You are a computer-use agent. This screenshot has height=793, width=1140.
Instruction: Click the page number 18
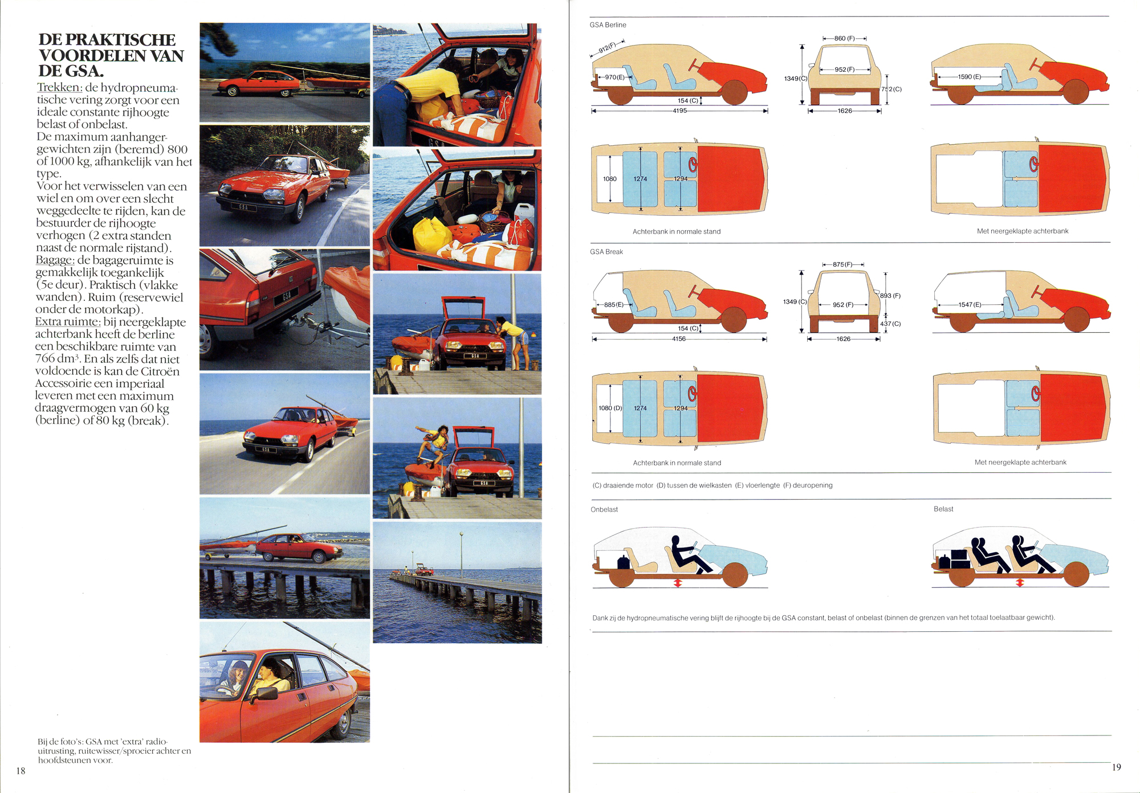pyautogui.click(x=21, y=771)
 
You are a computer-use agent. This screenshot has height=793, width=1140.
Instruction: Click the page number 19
pyautogui.click(x=1116, y=767)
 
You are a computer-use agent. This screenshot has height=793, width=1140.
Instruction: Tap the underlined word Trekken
pyautogui.click(x=60, y=88)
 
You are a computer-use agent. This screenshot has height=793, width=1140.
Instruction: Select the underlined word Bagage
pyautogui.click(x=55, y=260)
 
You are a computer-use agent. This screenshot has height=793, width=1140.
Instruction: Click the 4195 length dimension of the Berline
pyautogui.click(x=679, y=111)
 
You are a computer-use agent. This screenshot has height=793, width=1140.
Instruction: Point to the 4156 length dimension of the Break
pyautogui.click(x=678, y=339)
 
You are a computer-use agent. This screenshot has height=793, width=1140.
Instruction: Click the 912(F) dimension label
pyautogui.click(x=608, y=47)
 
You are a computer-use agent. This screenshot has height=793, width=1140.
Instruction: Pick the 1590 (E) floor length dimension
pyautogui.click(x=970, y=76)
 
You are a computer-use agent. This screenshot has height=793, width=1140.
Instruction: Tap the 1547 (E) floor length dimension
pyautogui.click(x=970, y=305)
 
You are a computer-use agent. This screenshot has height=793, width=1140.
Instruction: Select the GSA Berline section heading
pyautogui.click(x=608, y=25)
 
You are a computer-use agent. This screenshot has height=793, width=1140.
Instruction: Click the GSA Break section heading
pyautogui.click(x=606, y=252)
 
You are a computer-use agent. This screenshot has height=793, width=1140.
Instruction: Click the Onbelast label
pyautogui.click(x=604, y=509)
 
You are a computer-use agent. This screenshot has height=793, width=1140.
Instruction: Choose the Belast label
pyautogui.click(x=943, y=509)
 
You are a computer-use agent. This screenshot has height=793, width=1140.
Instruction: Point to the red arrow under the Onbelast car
pyautogui.click(x=678, y=583)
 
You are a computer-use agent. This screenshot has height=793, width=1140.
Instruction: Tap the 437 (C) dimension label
pyautogui.click(x=890, y=324)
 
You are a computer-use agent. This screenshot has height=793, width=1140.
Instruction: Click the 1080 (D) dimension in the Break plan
pyautogui.click(x=610, y=408)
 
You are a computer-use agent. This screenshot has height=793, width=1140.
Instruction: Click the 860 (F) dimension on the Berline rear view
pyautogui.click(x=845, y=38)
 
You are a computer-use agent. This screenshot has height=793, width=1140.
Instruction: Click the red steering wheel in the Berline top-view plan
pyautogui.click(x=693, y=165)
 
